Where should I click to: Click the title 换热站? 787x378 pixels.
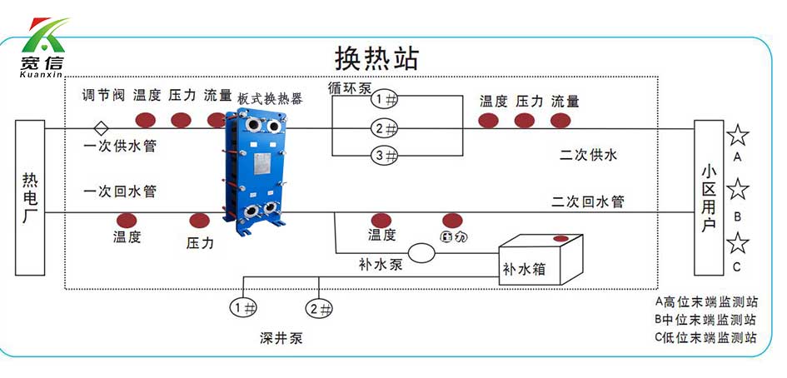coord(376,57)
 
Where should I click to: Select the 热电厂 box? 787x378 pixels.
coord(30,197)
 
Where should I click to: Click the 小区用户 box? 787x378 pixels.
coord(709,197)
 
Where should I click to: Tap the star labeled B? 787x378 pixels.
coord(738,190)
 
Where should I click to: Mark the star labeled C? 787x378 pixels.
coord(738,243)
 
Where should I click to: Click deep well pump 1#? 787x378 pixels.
coord(244,307)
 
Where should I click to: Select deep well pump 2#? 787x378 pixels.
coord(319,307)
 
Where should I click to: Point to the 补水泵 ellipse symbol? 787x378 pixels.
coord(421,252)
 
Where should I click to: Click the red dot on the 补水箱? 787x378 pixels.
coord(560,240)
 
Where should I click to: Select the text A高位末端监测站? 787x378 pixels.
coord(705,301)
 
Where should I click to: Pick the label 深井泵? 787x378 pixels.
coord(281,339)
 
